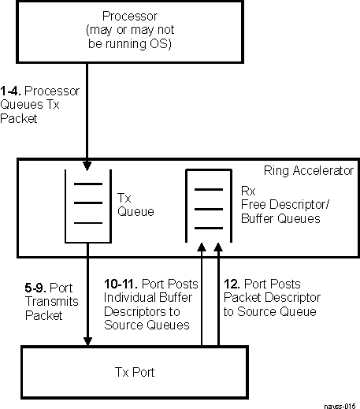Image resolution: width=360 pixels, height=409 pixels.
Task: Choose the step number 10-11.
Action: [x=121, y=284]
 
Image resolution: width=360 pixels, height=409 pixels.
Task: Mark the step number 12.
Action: [x=231, y=284]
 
